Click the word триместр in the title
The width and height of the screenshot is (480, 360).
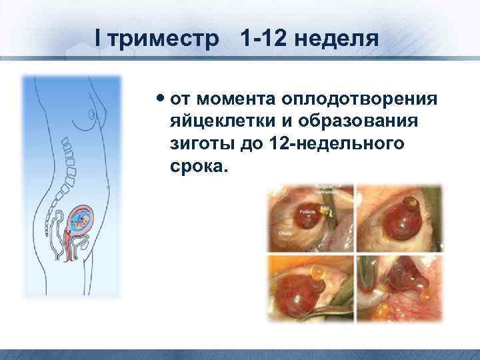[166, 39]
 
